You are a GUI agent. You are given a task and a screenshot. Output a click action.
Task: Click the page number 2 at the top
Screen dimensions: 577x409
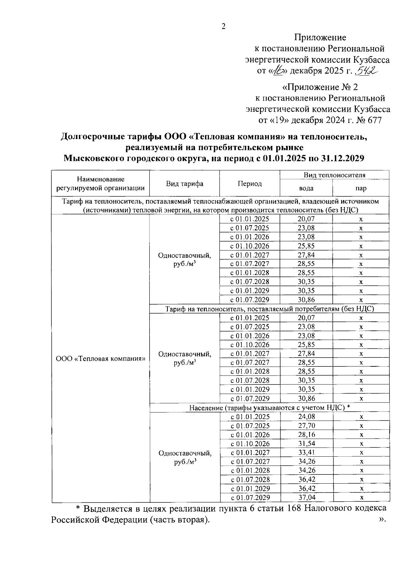pyautogui.click(x=224, y=27)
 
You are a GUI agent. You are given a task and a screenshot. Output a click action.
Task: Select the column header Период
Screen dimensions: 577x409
pyautogui.click(x=249, y=184)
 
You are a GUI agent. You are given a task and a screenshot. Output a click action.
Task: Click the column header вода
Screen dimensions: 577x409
pyautogui.click(x=306, y=188)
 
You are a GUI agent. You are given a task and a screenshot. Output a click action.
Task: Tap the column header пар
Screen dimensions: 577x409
pyautogui.click(x=361, y=188)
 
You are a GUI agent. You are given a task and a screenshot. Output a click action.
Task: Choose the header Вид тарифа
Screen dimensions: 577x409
pyautogui.click(x=185, y=184)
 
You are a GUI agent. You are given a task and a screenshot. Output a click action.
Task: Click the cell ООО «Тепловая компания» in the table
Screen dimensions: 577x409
pyautogui.click(x=101, y=359)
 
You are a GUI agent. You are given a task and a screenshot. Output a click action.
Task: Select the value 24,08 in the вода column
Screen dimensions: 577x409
pyautogui.click(x=307, y=416)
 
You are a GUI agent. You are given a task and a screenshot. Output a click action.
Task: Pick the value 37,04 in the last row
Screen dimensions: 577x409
pyautogui.click(x=307, y=497)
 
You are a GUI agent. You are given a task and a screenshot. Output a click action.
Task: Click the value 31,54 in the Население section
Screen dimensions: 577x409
pyautogui.click(x=307, y=443)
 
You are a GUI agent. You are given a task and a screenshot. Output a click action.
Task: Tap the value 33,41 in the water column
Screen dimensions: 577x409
pyautogui.click(x=307, y=452)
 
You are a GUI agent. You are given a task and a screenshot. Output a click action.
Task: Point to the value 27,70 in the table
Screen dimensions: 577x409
pyautogui.click(x=307, y=425)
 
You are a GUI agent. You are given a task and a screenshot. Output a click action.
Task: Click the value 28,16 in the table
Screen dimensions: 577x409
pyautogui.click(x=307, y=435)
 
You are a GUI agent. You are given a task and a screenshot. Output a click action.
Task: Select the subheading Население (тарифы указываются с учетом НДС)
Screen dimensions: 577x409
pyautogui.click(x=269, y=408)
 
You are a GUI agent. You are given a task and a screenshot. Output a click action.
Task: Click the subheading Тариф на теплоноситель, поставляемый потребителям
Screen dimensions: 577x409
pyautogui.click(x=269, y=309)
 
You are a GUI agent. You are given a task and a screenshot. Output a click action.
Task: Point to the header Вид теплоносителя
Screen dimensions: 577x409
pyautogui.click(x=334, y=175)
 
